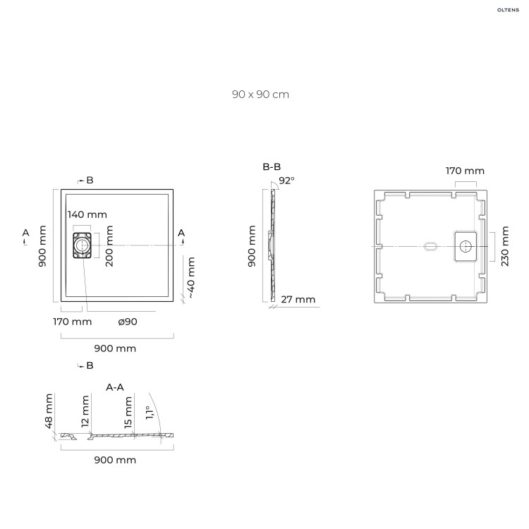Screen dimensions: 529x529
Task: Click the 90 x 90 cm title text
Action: pos(260,95)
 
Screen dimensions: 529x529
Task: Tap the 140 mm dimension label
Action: pos(87,214)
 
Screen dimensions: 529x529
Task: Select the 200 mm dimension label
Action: pos(109,245)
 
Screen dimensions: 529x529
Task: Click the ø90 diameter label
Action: pos(128,322)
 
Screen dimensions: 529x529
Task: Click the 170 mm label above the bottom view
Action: pos(465,171)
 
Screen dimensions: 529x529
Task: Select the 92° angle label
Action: pos(286,181)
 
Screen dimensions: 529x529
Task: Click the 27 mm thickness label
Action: pos(298,300)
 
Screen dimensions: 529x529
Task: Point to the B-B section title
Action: pos(272,167)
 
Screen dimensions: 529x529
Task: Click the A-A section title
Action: pos(115,387)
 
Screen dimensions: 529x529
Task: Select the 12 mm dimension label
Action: pos(85,412)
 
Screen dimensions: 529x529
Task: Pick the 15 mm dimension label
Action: pos(128,412)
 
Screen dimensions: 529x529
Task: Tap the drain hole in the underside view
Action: pos(466,245)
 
